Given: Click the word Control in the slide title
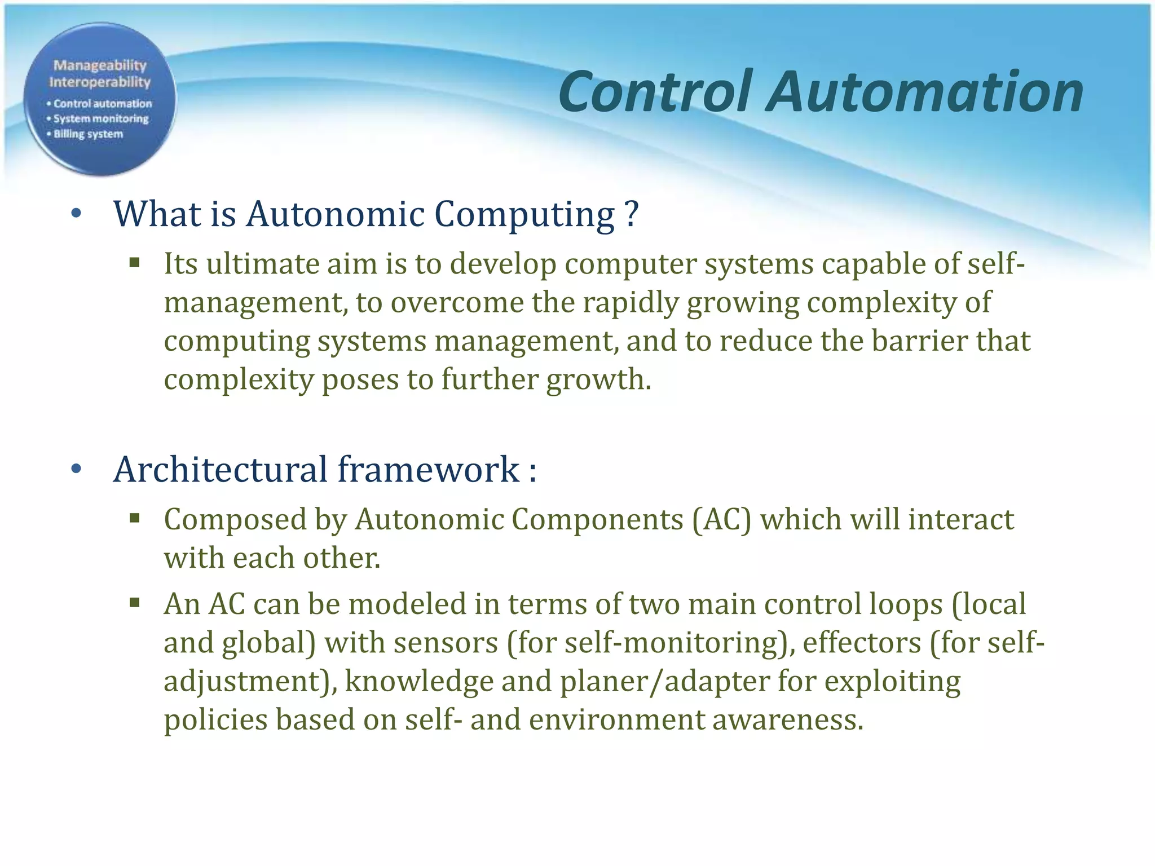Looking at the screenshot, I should coord(655,92).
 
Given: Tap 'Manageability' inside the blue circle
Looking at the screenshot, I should coord(100,65).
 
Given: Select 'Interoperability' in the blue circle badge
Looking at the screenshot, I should coord(100,82).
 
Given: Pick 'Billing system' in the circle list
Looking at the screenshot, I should coord(88,134).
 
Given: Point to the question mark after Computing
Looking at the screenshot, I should coord(632,214).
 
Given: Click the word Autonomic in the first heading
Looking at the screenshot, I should coord(336,214).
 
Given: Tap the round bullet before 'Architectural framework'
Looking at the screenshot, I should coord(77,469).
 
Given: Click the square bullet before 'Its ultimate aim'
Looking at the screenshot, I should coord(134,262).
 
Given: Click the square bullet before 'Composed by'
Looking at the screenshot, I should coord(134,518).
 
